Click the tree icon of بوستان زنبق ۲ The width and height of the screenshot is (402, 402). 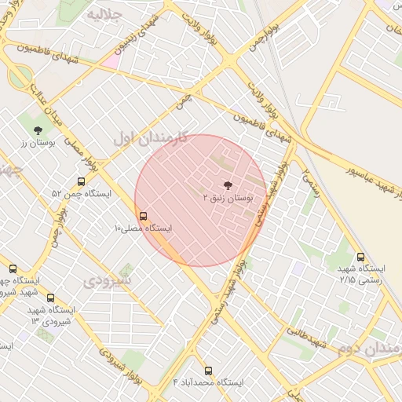pyautogui.click(x=228, y=185)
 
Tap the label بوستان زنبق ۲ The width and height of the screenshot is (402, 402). pyautogui.click(x=228, y=199)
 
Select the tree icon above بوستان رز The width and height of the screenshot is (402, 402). pyautogui.click(x=38, y=130)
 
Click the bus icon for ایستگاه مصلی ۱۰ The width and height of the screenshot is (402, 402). pyautogui.click(x=143, y=215)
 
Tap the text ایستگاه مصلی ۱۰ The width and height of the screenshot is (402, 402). pyautogui.click(x=143, y=228)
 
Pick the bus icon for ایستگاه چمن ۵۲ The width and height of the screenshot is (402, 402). pyautogui.click(x=82, y=181)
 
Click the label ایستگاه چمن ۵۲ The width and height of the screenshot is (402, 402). pyautogui.click(x=82, y=193)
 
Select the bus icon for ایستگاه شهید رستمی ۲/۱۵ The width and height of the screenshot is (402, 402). pyautogui.click(x=360, y=256)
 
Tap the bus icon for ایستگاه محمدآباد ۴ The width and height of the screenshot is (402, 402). pyautogui.click(x=208, y=370)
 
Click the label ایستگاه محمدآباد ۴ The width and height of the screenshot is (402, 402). pyautogui.click(x=208, y=382)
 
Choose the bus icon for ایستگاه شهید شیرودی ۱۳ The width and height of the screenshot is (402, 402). pyautogui.click(x=51, y=298)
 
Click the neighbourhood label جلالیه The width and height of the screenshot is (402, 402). pyautogui.click(x=104, y=14)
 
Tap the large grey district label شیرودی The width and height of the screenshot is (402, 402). pyautogui.click(x=108, y=280)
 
